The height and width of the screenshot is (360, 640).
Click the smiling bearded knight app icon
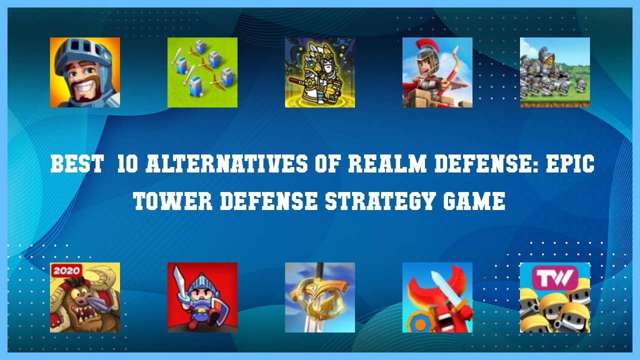[x=85, y=72]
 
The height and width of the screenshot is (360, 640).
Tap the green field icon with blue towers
[x=202, y=72]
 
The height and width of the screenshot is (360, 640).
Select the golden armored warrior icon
[x=320, y=72]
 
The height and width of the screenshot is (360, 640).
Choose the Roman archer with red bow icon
[x=437, y=72]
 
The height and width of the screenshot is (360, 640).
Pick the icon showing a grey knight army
[x=555, y=72]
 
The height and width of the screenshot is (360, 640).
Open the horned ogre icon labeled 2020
[x=85, y=297]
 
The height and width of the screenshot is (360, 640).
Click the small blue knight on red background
[x=202, y=297]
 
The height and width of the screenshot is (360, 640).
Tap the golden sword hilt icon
[x=320, y=297]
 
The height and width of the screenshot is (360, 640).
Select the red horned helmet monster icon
[x=437, y=297]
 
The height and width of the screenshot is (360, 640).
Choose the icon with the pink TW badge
[x=555, y=297]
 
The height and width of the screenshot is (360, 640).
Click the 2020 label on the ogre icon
[x=66, y=270]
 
